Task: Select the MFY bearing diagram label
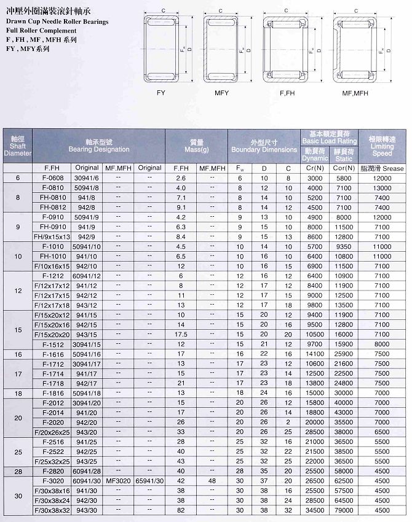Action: tap(221, 93)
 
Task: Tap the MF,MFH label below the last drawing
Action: tap(355, 93)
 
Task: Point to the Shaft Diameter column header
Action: tap(17, 146)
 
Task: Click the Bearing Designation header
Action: tap(98, 146)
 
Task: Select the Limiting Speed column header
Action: tap(382, 146)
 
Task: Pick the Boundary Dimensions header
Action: tap(264, 146)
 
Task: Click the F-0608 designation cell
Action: tap(53, 177)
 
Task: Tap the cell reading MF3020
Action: tap(119, 481)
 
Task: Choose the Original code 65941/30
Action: tap(149, 481)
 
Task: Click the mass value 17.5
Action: tap(181, 334)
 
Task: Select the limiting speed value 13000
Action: tap(382, 187)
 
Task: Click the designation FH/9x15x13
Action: tap(53, 236)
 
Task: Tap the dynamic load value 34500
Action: tap(315, 510)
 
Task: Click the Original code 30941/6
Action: tap(87, 177)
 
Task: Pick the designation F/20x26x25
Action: tap(53, 432)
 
